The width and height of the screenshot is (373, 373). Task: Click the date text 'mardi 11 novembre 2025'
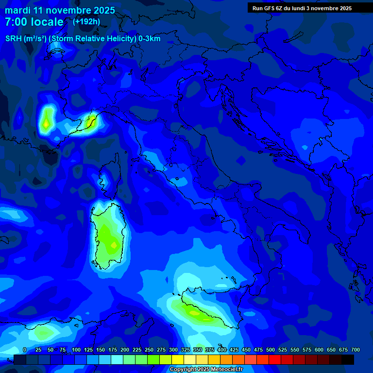60,10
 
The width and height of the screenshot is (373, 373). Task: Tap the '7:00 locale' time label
34,22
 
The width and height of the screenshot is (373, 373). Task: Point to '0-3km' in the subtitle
149,39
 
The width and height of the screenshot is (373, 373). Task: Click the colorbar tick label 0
25,350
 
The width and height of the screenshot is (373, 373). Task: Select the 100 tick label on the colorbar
76,350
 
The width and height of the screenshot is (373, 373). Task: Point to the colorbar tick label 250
149,350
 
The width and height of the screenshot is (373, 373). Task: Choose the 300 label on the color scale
173,350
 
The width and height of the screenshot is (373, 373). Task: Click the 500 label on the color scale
271,350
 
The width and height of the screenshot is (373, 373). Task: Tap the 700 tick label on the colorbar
355,350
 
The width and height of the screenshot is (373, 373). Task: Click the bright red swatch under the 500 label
275,359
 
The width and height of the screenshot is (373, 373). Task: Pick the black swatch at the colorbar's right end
348,359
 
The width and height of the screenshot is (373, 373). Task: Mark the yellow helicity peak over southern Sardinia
114,245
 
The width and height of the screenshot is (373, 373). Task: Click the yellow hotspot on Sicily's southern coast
195,313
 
